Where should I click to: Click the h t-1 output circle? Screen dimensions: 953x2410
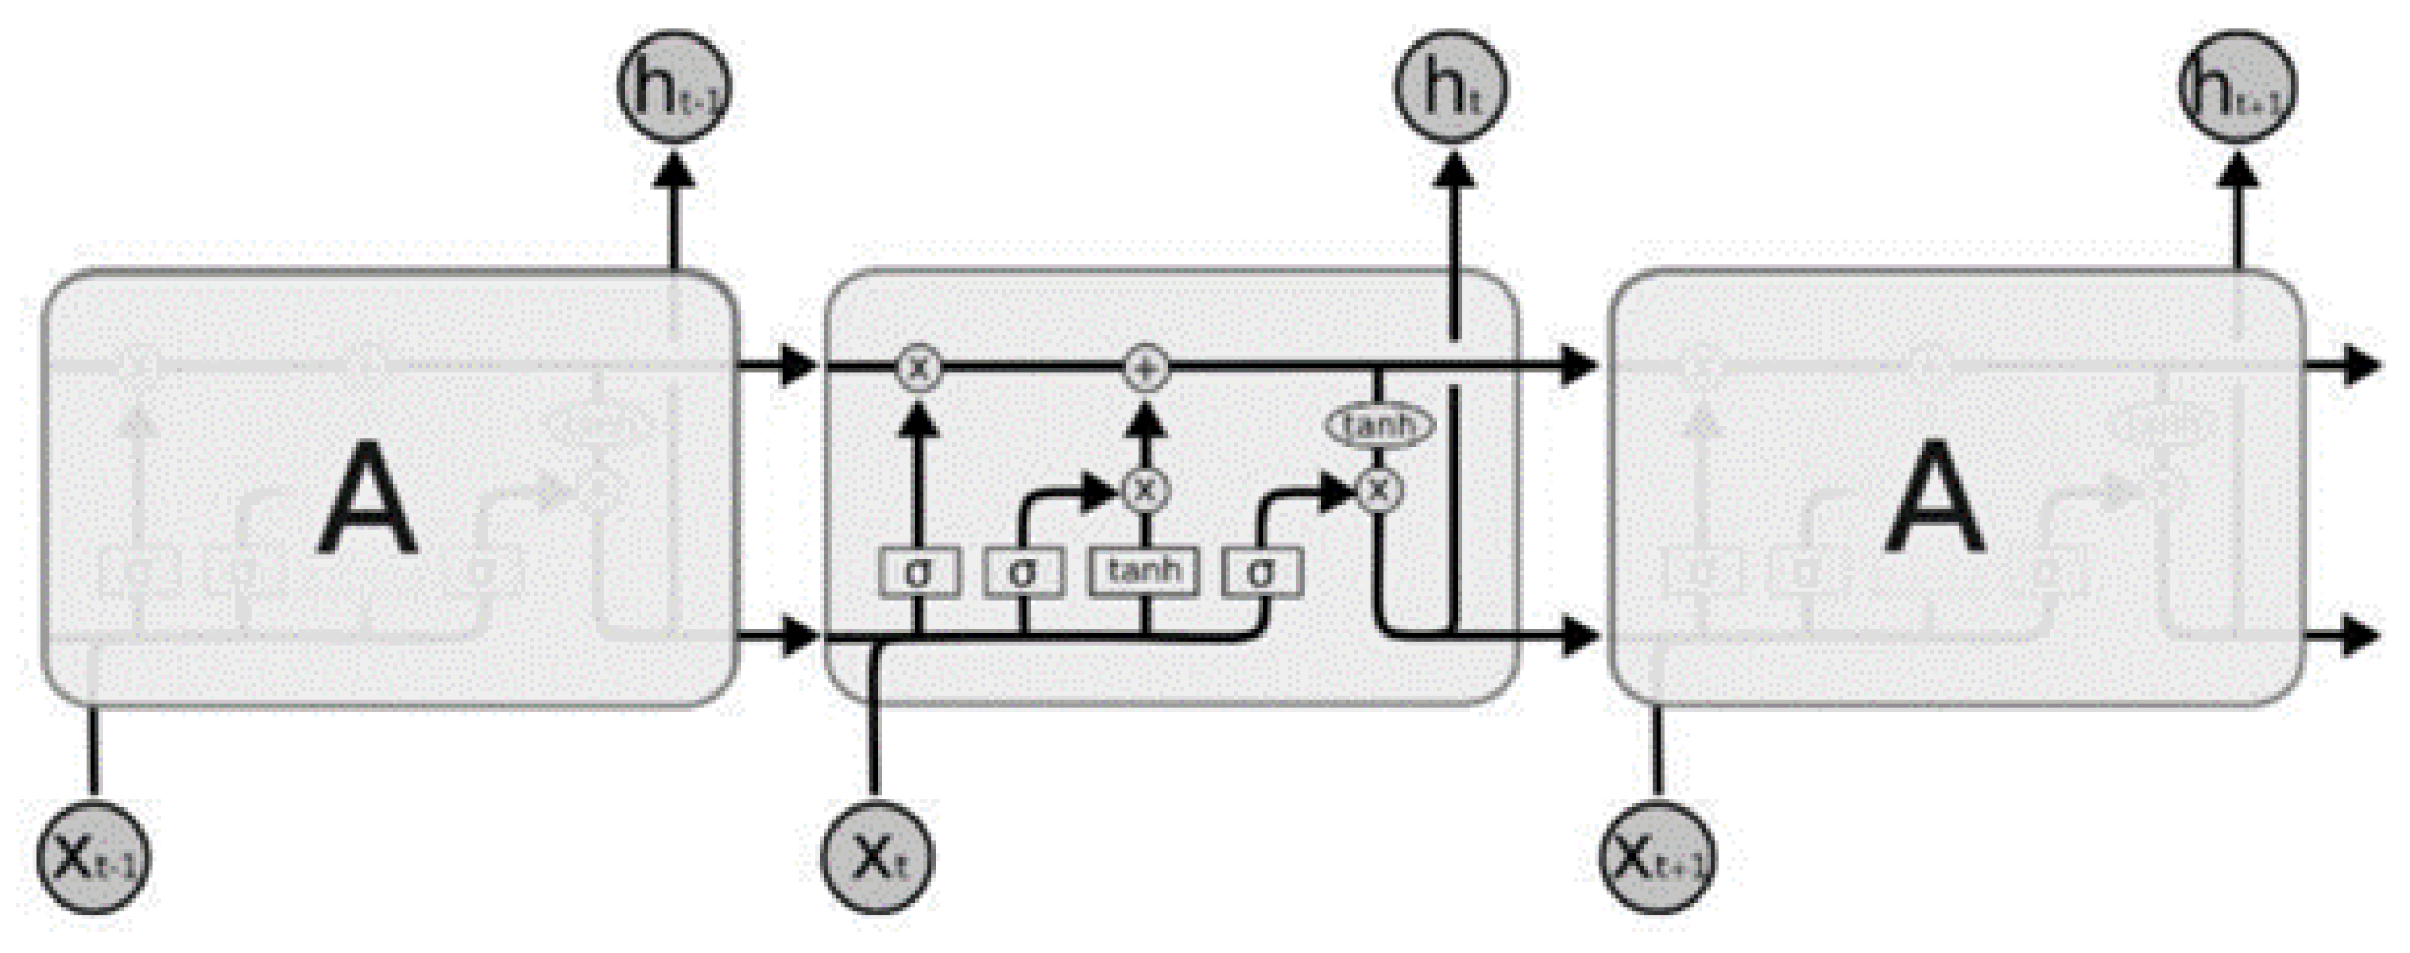(674, 86)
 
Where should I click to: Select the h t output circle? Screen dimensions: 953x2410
(1451, 86)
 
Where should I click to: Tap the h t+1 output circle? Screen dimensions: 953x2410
(2237, 86)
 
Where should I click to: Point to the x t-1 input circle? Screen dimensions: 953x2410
(92, 857)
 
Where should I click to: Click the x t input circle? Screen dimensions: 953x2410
(877, 857)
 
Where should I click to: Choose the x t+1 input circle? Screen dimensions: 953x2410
(1657, 857)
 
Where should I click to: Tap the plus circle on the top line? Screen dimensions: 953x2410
(1145, 368)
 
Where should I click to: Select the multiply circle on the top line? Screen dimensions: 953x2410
(919, 368)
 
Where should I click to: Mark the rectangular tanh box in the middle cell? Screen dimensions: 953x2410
(1144, 571)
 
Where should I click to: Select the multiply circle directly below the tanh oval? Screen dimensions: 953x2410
(1378, 489)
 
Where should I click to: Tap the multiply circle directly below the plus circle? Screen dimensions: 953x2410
(1145, 489)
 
